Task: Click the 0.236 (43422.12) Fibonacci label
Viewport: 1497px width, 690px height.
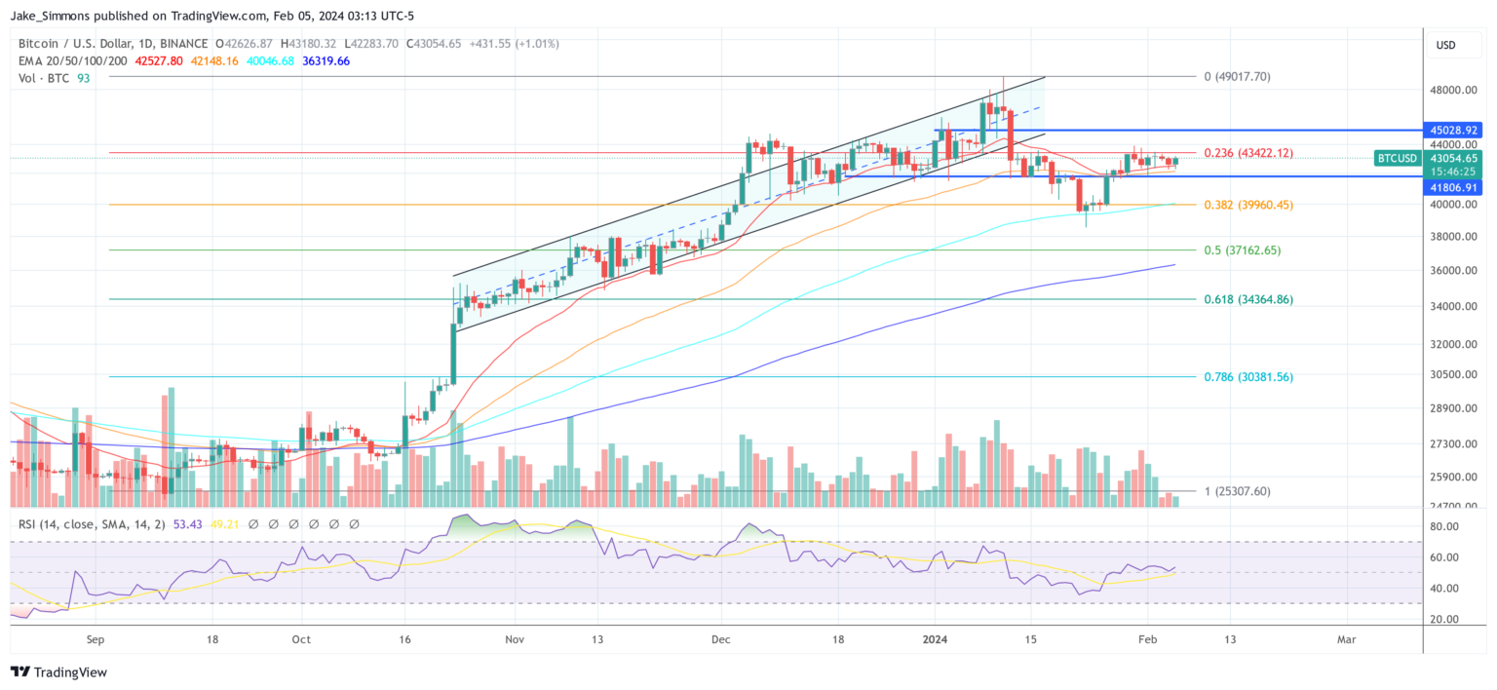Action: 1247,153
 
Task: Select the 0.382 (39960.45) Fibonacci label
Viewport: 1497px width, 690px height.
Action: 1247,205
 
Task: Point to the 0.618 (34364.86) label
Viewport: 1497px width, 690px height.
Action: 1247,299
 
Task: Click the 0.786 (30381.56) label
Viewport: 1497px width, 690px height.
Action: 1247,377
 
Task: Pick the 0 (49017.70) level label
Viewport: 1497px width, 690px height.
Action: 1237,77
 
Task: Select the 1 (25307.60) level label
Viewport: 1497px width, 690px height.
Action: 1237,491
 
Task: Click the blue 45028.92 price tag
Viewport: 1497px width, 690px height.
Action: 1453,130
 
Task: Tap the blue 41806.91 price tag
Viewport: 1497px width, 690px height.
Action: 1453,187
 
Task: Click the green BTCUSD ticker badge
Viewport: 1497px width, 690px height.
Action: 1399,158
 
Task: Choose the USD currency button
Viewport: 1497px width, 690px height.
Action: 1446,45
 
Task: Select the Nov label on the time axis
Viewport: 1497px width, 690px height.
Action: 516,640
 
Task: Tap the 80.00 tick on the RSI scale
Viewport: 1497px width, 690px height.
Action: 1451,526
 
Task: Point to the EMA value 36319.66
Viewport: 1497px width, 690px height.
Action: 328,60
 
